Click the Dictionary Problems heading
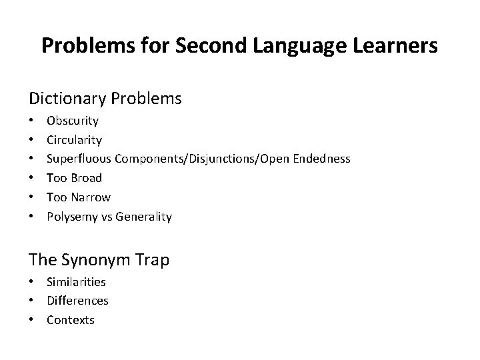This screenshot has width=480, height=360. click(105, 99)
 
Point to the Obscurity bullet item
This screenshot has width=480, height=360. click(73, 121)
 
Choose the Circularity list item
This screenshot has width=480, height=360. click(74, 140)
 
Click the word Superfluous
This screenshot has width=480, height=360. click(79, 159)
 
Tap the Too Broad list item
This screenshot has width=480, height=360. click(74, 178)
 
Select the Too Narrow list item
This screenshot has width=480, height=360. click(79, 197)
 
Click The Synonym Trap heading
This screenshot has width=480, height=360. click(99, 259)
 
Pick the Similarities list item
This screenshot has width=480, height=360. click(76, 281)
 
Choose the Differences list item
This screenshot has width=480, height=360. click(77, 301)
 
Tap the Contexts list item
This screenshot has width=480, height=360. click(71, 320)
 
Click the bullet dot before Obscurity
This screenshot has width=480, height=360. click(31, 121)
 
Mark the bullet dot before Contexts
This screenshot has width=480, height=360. click(31, 321)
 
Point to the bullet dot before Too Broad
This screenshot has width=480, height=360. click(31, 179)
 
